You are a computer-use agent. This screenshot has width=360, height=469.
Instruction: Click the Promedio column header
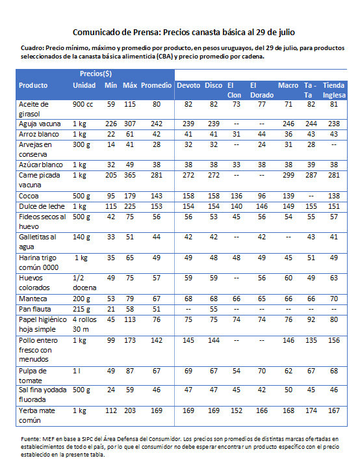click(156, 85)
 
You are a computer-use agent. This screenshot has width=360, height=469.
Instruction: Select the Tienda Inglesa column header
click(334, 90)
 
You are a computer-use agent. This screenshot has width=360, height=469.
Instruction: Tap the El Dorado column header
click(262, 90)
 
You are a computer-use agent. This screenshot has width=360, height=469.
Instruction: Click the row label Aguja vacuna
click(40, 124)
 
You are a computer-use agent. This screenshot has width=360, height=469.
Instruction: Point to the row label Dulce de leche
click(42, 206)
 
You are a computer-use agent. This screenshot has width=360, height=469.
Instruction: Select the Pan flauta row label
click(34, 309)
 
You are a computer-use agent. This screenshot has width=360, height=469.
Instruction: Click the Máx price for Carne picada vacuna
click(130, 175)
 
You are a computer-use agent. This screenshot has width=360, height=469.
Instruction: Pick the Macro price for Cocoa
click(289, 196)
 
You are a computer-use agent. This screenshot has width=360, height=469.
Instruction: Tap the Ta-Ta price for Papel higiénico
click(311, 319)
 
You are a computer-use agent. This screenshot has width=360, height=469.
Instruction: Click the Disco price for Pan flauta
click(214, 309)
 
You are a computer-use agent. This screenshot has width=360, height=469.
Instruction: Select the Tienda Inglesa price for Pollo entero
click(334, 340)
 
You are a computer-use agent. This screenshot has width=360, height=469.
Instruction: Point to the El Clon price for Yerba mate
click(237, 410)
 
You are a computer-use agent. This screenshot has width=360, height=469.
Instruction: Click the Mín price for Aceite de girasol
click(111, 104)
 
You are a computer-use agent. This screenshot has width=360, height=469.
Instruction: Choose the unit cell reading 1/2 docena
click(84, 283)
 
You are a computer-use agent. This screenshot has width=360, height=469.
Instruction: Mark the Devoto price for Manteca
click(188, 299)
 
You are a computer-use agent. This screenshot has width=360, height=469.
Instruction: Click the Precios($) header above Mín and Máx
click(96, 74)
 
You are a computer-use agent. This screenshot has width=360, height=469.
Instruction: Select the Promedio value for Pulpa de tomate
click(157, 371)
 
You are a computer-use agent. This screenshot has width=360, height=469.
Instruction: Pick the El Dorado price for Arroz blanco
click(262, 134)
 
